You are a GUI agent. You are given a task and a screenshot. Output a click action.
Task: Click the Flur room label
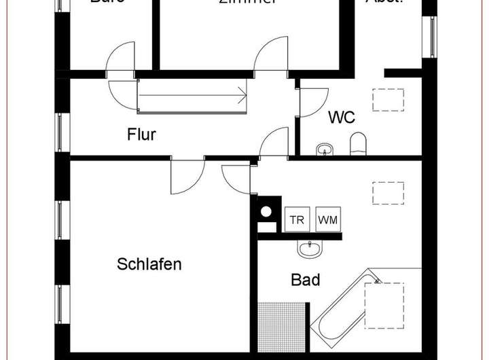(141, 134)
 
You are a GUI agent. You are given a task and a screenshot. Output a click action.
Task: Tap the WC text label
(341, 118)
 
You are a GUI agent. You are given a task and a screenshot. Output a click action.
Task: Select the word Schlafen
(149, 264)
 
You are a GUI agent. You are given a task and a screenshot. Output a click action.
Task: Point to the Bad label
(306, 279)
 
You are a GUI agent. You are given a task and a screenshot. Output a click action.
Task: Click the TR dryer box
(297, 220)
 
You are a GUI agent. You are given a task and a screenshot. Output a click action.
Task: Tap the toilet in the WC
(358, 143)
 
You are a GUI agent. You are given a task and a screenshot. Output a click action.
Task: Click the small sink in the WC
(323, 148)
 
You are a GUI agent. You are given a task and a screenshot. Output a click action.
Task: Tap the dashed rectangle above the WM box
(388, 192)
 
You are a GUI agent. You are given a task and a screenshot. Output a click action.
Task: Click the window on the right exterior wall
(431, 36)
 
